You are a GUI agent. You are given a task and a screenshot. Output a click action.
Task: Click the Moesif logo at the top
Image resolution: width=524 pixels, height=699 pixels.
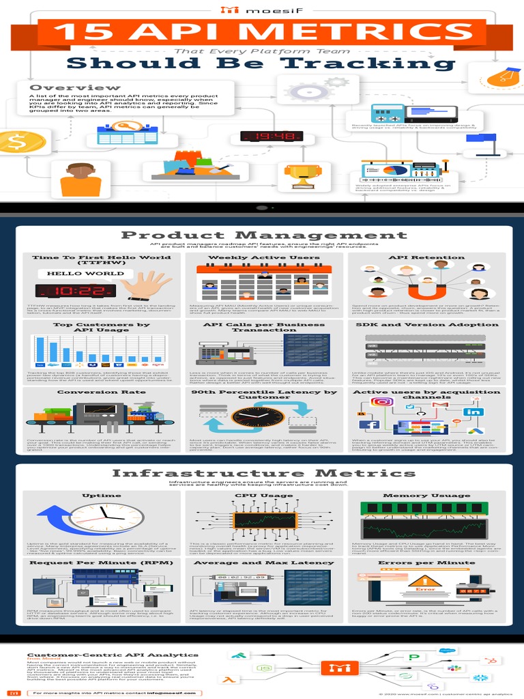261,10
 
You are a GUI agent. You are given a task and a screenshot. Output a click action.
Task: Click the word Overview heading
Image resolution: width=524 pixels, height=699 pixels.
74,87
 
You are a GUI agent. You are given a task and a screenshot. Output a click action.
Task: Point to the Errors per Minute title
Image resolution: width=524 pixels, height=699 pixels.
427,562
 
